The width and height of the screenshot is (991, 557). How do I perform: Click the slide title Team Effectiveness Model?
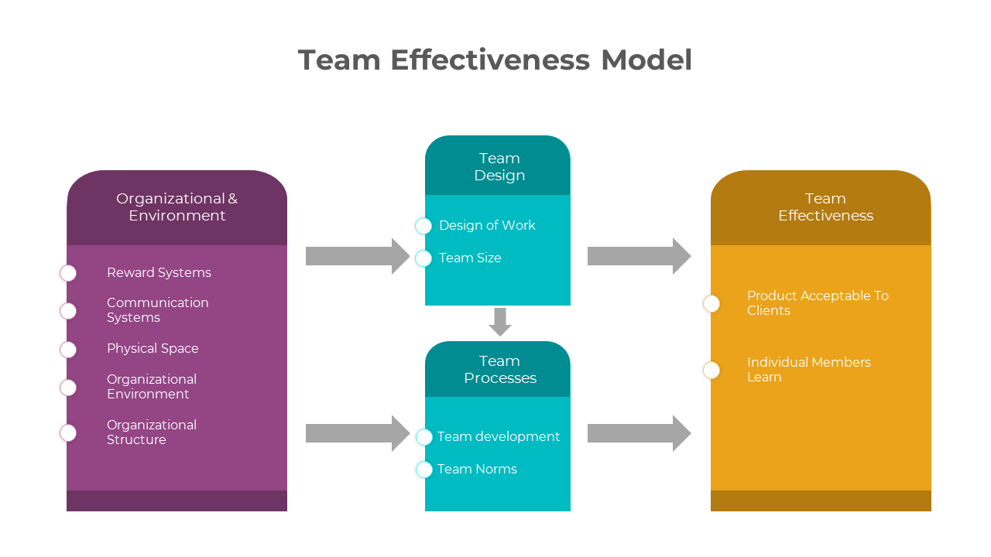[495, 60]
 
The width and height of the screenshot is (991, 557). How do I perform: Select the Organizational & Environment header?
[177, 207]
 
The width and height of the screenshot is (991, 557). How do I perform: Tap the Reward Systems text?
[159, 272]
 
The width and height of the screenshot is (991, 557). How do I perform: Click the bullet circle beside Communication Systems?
[68, 311]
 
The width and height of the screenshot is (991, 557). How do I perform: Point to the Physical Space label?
[153, 348]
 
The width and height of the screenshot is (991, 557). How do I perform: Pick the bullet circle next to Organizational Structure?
[68, 433]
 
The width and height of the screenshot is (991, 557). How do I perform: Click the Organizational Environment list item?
[152, 387]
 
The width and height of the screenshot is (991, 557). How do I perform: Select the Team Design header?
[499, 167]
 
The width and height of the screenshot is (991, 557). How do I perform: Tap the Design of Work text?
[487, 225]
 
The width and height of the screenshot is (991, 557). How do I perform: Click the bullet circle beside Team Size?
[423, 258]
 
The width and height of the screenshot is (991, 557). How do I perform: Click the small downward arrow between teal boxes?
[500, 322]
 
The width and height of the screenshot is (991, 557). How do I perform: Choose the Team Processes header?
[499, 370]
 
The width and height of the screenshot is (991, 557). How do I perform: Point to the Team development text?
[499, 436]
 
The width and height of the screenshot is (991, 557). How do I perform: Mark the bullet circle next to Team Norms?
[424, 470]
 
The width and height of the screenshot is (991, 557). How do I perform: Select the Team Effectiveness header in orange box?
[825, 207]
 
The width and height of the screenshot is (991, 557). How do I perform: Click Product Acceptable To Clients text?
[818, 303]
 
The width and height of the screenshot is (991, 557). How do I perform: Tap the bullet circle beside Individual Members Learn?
[712, 371]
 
